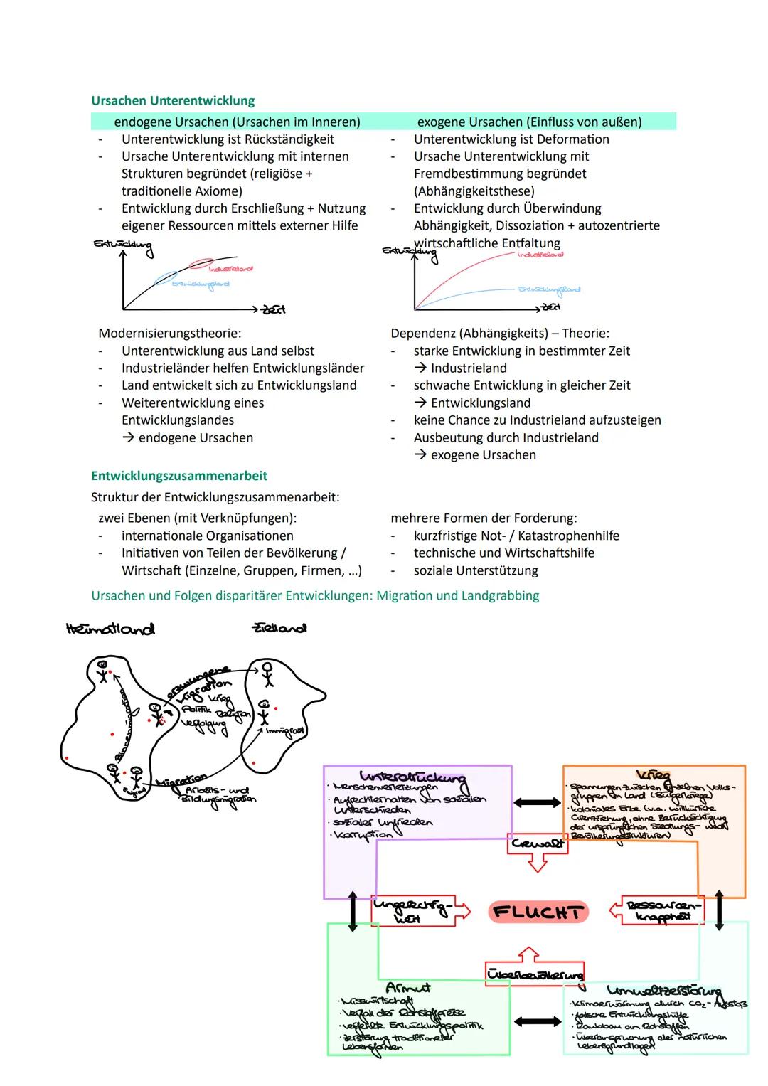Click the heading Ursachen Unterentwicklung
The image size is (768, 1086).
tap(173, 101)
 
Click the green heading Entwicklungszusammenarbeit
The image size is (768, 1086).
tap(179, 476)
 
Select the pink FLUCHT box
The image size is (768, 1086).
tap(538, 912)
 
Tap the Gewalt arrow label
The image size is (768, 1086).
tap(537, 843)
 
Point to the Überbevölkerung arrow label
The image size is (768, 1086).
tap(535, 974)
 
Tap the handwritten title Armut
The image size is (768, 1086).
tap(407, 988)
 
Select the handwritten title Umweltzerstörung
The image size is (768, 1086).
tap(663, 991)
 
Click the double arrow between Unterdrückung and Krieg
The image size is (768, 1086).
tap(537, 802)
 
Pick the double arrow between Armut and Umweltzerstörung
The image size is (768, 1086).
tap(537, 1022)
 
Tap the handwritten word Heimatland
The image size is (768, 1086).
tap(110, 629)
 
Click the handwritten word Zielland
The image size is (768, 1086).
tap(279, 629)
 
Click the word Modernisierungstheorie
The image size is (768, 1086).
tap(169, 334)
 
